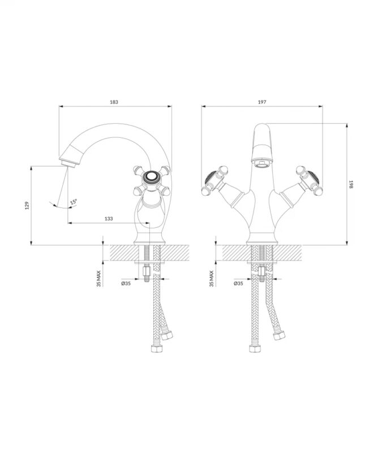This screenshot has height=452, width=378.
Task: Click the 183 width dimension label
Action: click(x=114, y=102)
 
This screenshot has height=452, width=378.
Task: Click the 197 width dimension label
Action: click(x=262, y=102)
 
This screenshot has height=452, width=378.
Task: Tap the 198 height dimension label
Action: click(x=351, y=185)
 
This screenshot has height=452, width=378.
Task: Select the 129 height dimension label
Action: click(x=27, y=205)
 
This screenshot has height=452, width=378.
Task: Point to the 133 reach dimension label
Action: click(x=109, y=219)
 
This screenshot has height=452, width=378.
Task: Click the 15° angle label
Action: click(x=74, y=202)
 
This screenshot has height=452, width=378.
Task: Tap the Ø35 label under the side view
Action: click(x=126, y=284)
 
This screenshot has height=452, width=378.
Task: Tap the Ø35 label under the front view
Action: click(x=238, y=284)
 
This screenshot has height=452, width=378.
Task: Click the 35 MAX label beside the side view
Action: click(x=99, y=279)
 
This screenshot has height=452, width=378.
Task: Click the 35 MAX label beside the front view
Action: click(x=212, y=279)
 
